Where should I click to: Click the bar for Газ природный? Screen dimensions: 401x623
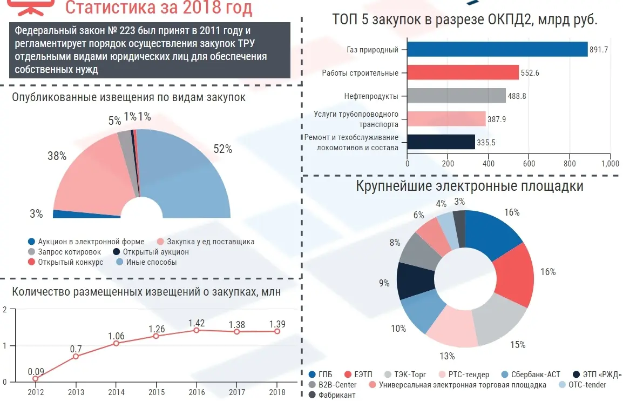pos(497,49)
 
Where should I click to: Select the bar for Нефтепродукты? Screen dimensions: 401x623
pos(456,96)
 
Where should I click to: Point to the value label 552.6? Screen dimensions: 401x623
pos(530,73)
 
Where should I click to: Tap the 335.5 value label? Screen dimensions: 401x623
pos(486,142)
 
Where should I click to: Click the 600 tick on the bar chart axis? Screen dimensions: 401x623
pos(529,164)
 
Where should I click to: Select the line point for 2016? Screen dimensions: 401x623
pos(197,330)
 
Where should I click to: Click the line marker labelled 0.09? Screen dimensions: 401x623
pos(36,378)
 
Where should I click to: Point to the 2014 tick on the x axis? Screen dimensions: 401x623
pos(116,391)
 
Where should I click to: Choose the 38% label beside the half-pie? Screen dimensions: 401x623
pos(57,156)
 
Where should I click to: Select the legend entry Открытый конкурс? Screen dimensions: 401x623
pos(70,262)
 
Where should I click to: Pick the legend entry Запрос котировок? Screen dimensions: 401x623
pos(69,252)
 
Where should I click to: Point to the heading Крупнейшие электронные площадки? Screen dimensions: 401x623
pos(469,186)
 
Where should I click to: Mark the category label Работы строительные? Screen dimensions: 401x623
pos(360,73)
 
